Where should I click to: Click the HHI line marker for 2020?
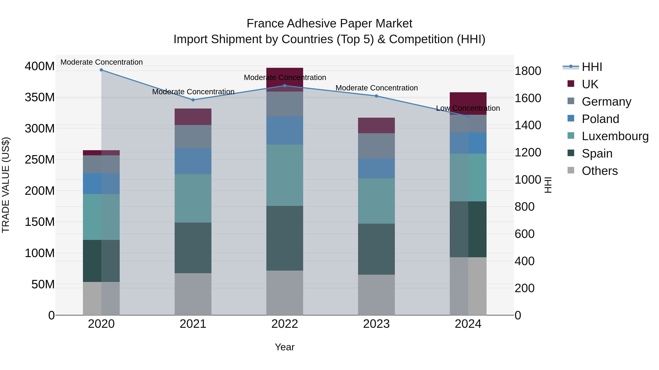pyautogui.click(x=101, y=70)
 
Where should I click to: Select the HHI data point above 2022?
pyautogui.click(x=285, y=86)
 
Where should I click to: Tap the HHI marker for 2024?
pyautogui.click(x=468, y=116)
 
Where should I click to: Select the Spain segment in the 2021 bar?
pyautogui.click(x=193, y=248)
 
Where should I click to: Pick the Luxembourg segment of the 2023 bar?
pyautogui.click(x=376, y=201)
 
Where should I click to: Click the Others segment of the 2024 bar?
pyautogui.click(x=468, y=286)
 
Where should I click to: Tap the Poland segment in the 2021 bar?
pyautogui.click(x=193, y=161)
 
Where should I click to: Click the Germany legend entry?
pyautogui.click(x=606, y=102)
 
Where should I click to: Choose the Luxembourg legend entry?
pyautogui.click(x=615, y=136)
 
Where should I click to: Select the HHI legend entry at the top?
pyautogui.click(x=592, y=67)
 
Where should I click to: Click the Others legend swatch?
pyautogui.click(x=571, y=170)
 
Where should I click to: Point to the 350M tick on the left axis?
pyautogui.click(x=40, y=97)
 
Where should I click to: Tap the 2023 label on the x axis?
pyautogui.click(x=376, y=324)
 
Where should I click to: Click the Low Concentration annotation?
pyautogui.click(x=468, y=108)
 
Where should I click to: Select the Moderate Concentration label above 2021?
pyautogui.click(x=193, y=92)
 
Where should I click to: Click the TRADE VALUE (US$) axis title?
pyautogui.click(x=6, y=185)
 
